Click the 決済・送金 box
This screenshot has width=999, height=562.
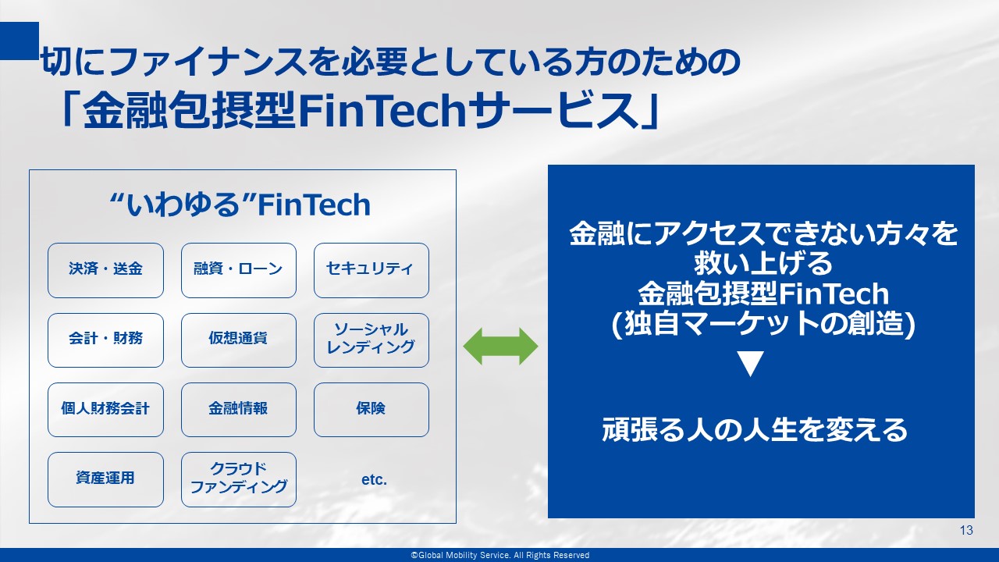[105, 270]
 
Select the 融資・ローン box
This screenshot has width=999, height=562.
[239, 270]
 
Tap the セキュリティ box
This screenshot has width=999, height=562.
[372, 270]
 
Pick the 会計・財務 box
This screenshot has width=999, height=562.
[105, 340]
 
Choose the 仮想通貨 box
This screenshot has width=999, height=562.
[239, 340]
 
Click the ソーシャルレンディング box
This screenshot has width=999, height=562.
[372, 340]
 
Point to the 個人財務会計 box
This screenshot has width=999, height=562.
[105, 410]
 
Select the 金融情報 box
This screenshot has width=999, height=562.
[239, 410]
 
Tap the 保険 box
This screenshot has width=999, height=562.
[372, 410]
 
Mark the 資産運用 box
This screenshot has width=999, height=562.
[105, 479]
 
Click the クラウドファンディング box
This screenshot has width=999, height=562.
[239, 479]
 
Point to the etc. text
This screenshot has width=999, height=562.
[374, 480]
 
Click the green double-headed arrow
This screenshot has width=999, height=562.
[500, 347]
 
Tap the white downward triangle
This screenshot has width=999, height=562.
[751, 364]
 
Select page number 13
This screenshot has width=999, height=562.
[966, 530]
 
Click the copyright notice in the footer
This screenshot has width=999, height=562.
[500, 555]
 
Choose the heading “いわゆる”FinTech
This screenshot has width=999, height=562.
[240, 205]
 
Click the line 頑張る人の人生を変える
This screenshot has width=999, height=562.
[755, 430]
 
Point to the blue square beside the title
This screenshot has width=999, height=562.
[20, 41]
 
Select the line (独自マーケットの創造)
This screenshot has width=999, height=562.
[763, 324]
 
